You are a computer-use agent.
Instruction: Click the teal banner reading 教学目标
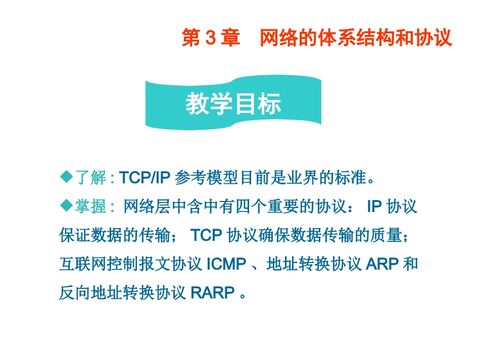pos(233,105)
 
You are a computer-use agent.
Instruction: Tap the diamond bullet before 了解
pos(66,177)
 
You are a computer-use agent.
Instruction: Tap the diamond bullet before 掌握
pos(66,205)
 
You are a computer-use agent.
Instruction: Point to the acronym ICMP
pos(226,264)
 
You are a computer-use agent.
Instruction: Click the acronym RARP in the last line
pos(212,293)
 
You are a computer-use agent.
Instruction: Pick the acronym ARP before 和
pos(381,264)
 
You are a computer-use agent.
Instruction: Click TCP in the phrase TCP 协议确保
pos(207,235)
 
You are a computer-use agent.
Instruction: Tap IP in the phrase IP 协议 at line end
pos(373,206)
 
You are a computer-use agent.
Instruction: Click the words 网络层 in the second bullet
pos(148,206)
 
